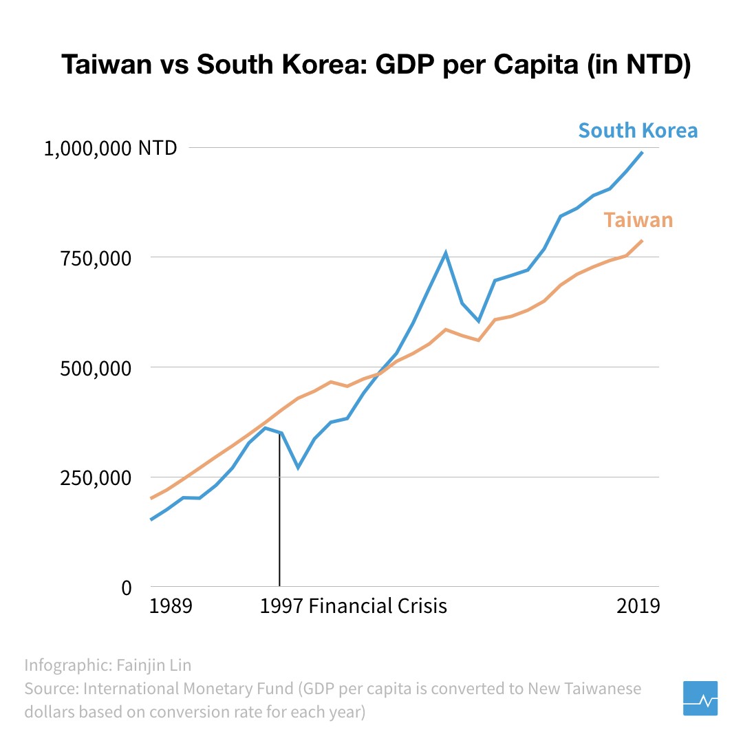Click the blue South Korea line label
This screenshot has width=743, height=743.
[638, 130]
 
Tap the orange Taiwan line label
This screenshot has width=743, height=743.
[638, 220]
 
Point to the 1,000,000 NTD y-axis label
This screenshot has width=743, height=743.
[110, 148]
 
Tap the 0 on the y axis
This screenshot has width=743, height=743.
[126, 588]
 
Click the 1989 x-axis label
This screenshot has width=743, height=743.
[171, 606]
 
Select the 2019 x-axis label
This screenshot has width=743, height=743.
[638, 606]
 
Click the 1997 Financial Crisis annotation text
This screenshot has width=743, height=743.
[354, 606]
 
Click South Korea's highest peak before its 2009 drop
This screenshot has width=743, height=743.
[446, 252]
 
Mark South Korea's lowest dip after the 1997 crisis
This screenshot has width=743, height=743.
[298, 468]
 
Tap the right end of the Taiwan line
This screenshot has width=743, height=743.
[642, 240]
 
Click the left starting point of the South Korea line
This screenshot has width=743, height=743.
[151, 519]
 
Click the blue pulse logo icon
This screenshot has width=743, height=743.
[700, 698]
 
